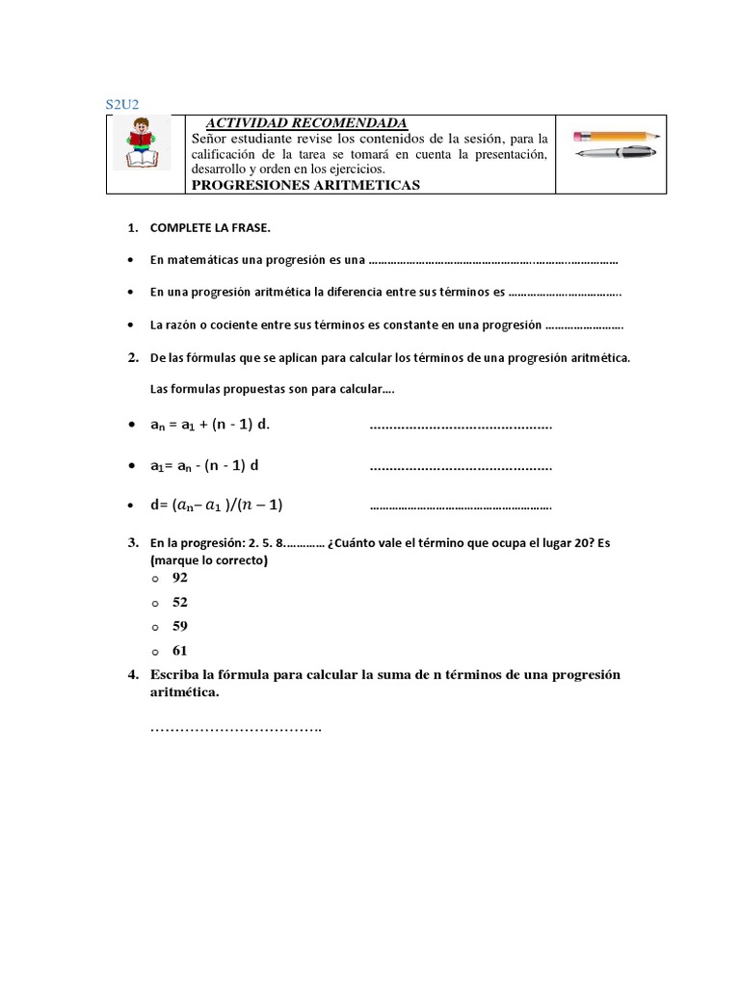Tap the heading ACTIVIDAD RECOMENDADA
(x=307, y=123)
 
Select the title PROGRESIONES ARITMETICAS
(x=305, y=185)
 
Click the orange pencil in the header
(x=616, y=135)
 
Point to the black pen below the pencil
(x=613, y=152)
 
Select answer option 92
(x=179, y=578)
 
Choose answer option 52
(x=179, y=602)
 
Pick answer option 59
(x=179, y=626)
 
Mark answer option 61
(x=179, y=651)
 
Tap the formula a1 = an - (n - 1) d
(x=206, y=465)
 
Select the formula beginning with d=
(x=217, y=505)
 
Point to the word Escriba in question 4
(x=174, y=675)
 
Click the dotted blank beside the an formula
(x=461, y=426)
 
